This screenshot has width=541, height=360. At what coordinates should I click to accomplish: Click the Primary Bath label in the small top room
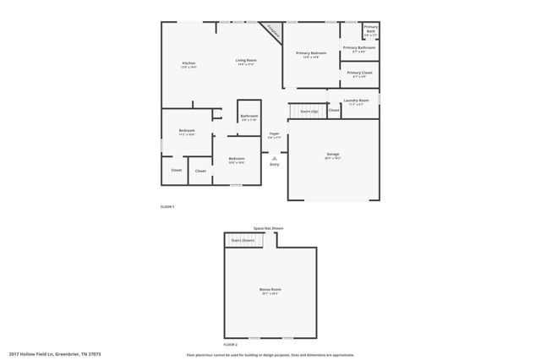coord(371,30)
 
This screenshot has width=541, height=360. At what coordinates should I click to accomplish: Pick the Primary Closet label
coord(359,74)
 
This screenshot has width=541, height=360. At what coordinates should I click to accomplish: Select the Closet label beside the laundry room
coord(334,110)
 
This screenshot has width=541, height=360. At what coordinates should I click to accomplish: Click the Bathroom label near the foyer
coord(249,117)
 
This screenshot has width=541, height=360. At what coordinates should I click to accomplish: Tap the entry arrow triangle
coord(275,156)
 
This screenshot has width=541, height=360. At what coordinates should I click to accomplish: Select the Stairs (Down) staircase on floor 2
coord(243,241)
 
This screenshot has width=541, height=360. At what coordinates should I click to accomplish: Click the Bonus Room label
coord(270,290)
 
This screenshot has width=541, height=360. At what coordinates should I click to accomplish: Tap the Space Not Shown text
coord(269,228)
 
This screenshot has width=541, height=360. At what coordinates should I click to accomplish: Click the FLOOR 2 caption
coord(230,345)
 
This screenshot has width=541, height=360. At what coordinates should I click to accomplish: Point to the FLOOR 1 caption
coord(167,206)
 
